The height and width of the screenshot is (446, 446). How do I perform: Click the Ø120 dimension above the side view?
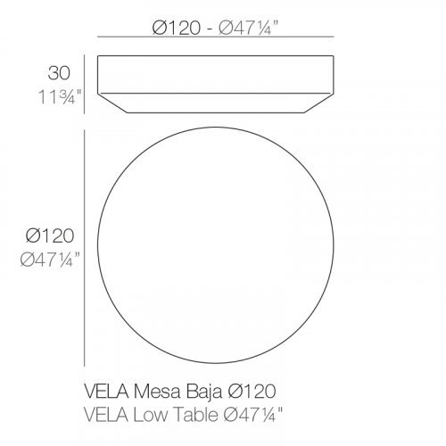[x=177, y=28]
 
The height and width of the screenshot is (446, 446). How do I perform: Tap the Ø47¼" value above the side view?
[x=248, y=28]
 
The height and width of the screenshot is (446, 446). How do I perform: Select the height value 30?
[x=59, y=73]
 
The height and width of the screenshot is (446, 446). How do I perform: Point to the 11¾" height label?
[x=60, y=96]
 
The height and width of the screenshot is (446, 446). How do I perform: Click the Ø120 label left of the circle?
[x=50, y=235]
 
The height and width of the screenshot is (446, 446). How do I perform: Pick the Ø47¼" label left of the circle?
[x=50, y=259]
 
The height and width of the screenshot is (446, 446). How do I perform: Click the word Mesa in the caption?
[x=157, y=392]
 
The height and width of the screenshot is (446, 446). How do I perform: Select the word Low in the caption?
[x=150, y=415]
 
